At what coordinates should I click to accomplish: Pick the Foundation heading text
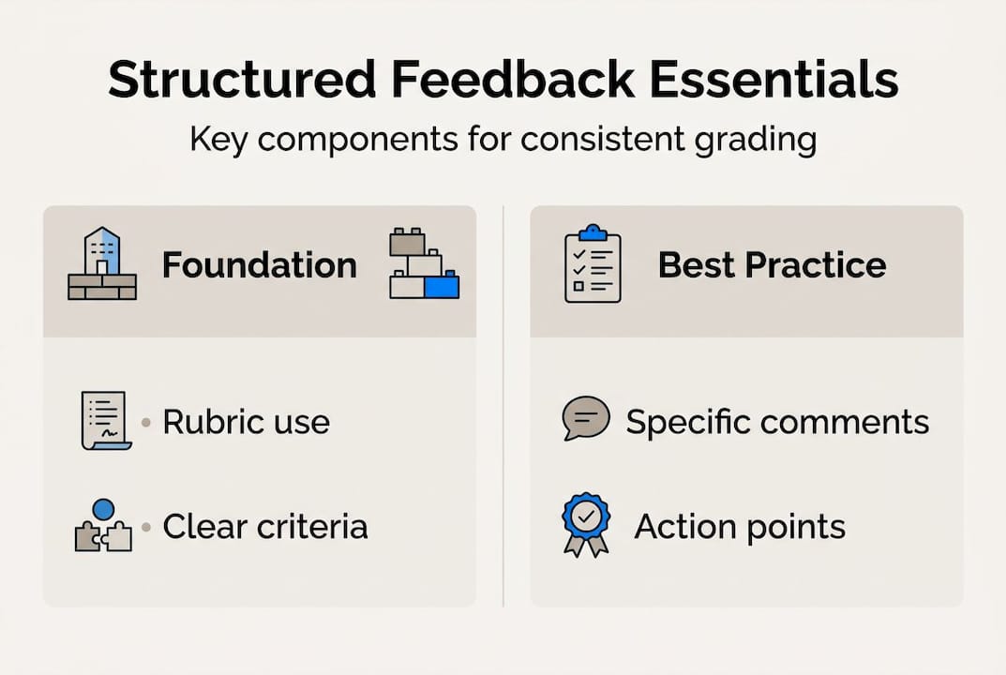point(260,265)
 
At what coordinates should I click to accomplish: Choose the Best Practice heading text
point(772,265)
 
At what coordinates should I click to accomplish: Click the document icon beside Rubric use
point(104,421)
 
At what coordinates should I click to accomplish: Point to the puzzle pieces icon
point(102,526)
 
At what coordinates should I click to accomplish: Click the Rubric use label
point(246,422)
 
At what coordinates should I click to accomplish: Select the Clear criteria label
point(265,526)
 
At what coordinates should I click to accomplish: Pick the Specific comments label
point(777,422)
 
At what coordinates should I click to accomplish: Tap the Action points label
point(740,526)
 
